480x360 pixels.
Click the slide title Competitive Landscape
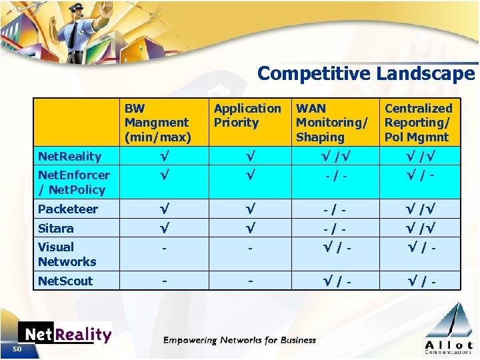click(x=365, y=73)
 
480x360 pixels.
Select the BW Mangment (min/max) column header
click(x=157, y=123)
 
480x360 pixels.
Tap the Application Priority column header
click(x=247, y=115)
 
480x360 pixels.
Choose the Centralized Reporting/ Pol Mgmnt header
click(x=418, y=123)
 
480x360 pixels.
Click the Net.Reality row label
click(x=69, y=157)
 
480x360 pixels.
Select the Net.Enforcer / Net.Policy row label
click(x=73, y=183)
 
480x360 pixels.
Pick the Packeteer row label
click(x=67, y=209)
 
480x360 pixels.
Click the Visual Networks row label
click(x=67, y=255)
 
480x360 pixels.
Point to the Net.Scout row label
click(x=65, y=281)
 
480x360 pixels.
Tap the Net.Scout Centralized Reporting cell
click(x=417, y=281)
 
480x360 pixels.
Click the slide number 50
click(x=17, y=349)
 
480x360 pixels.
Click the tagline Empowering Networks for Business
click(x=239, y=341)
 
